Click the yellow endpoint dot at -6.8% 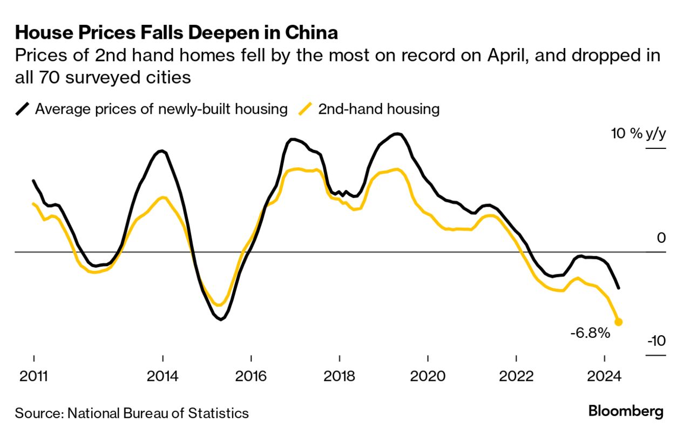pyautogui.click(x=619, y=322)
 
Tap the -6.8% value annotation pyautogui.click(x=590, y=333)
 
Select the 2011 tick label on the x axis pyautogui.click(x=33, y=376)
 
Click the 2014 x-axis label pyautogui.click(x=162, y=376)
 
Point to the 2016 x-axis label pyautogui.click(x=251, y=376)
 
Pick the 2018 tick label pyautogui.click(x=339, y=376)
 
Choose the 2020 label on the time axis pyautogui.click(x=428, y=376)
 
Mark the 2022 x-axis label pyautogui.click(x=516, y=376)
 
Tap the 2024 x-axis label pyautogui.click(x=605, y=376)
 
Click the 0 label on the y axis pyautogui.click(x=661, y=238)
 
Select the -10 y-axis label pyautogui.click(x=656, y=342)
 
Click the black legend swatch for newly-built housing pyautogui.click(x=22, y=109)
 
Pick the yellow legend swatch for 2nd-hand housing pyautogui.click(x=306, y=109)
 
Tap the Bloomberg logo pyautogui.click(x=626, y=412)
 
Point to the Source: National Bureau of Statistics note pyautogui.click(x=132, y=413)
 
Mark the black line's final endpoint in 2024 pyautogui.click(x=618, y=288)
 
